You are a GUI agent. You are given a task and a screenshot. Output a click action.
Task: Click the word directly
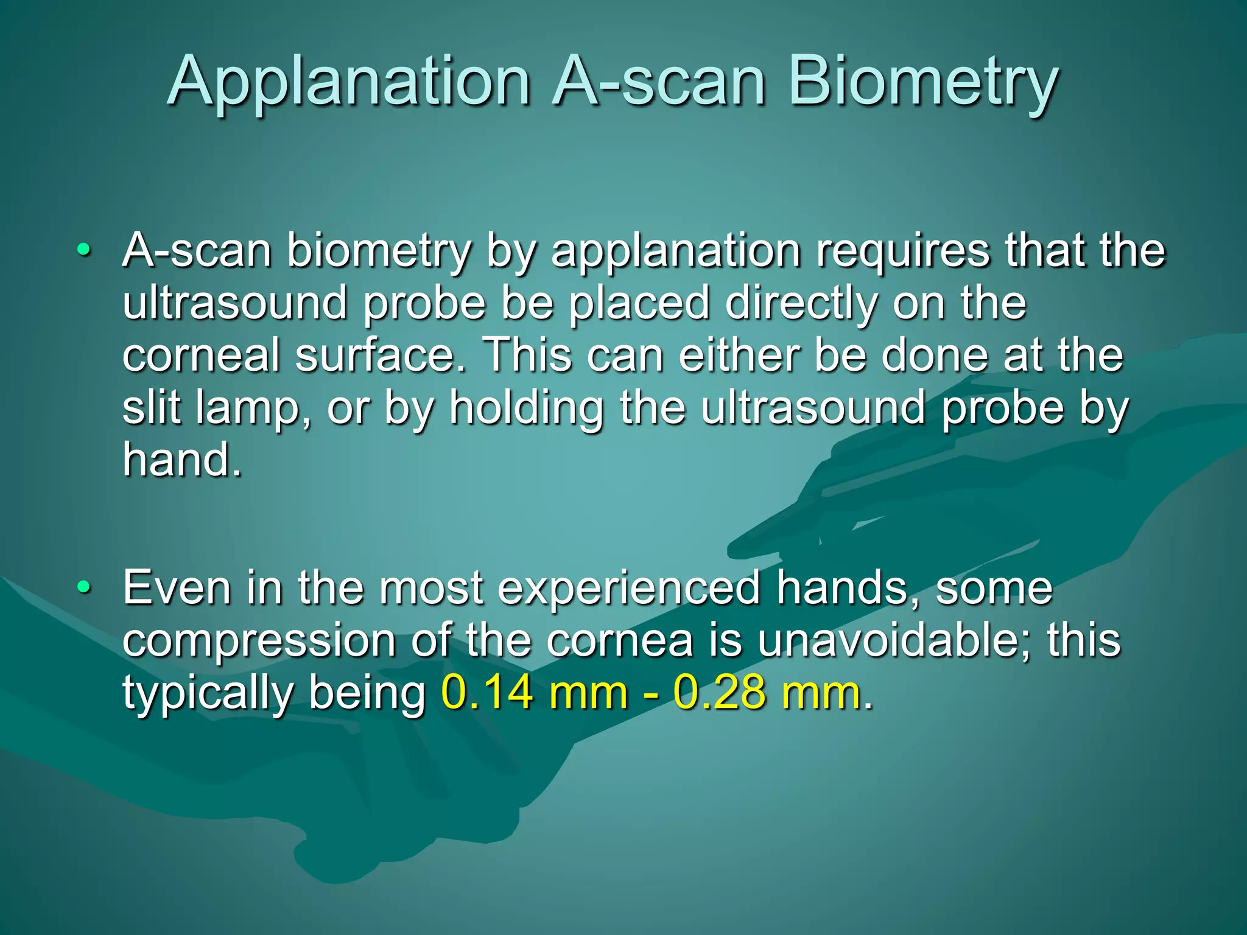point(801,304)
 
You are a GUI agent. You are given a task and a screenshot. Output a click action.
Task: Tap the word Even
point(177,588)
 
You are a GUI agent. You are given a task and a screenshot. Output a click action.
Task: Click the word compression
point(258,642)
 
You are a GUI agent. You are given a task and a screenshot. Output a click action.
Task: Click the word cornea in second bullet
point(619,642)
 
